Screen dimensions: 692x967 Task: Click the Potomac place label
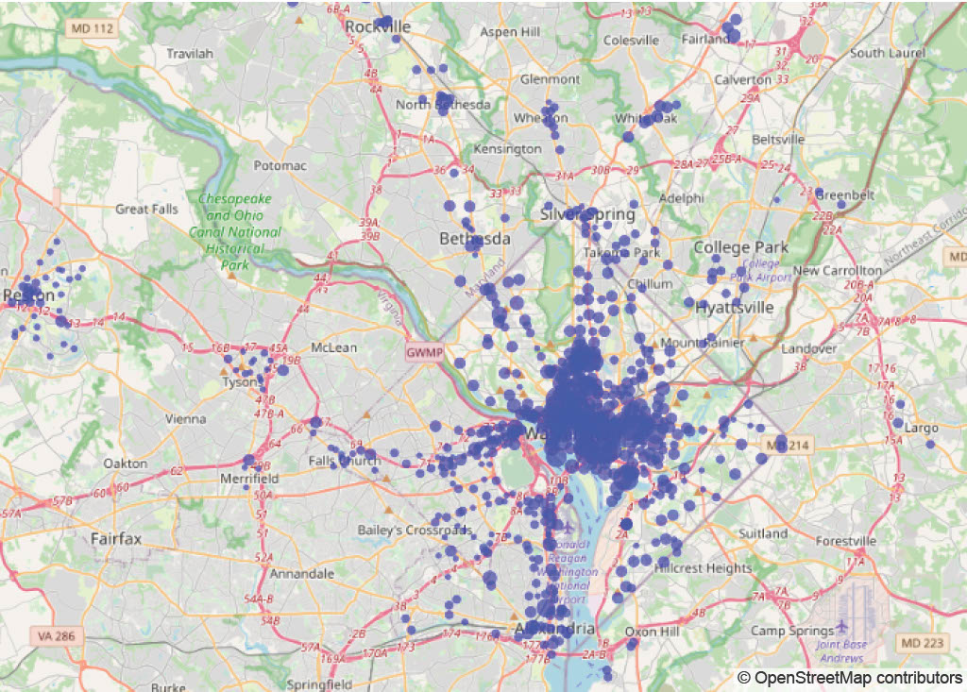[280, 165]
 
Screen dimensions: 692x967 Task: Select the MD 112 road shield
[90, 29]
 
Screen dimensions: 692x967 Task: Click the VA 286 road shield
[55, 635]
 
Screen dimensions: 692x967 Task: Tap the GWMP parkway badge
[422, 351]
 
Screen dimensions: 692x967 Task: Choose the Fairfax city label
[116, 539]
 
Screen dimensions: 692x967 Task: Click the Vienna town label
[185, 418]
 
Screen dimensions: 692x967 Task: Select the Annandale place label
[301, 573]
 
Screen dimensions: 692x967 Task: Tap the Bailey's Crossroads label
[414, 531]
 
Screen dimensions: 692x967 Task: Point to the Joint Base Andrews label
[840, 651]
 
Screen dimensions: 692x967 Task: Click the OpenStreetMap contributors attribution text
[850, 678]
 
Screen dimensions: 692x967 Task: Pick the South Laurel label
[887, 53]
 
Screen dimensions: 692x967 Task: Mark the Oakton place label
[126, 464]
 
